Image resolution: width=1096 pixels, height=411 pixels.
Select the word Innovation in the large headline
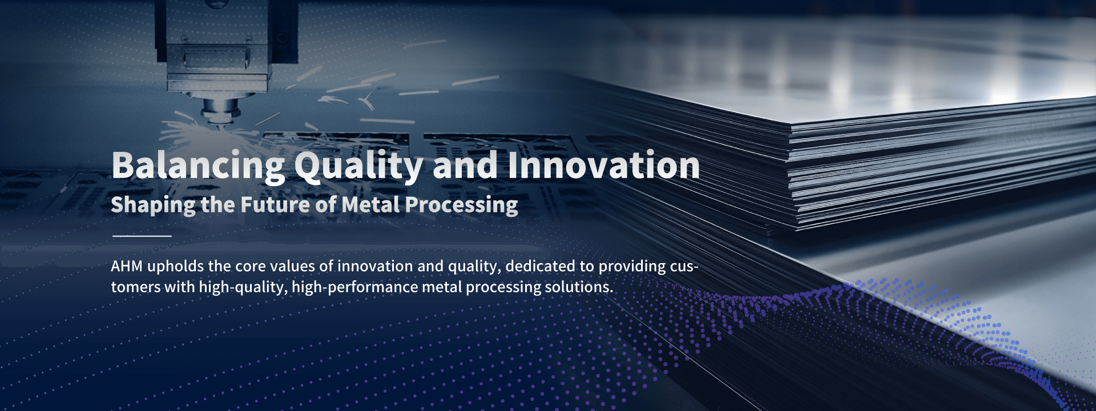pos(603,165)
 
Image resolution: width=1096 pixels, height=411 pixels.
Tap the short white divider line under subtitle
pos(142,235)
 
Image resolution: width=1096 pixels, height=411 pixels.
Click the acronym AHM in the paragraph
pos(127,266)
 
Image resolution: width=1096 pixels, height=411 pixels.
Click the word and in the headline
pos(465,165)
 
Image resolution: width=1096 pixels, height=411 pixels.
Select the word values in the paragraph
pos(292,266)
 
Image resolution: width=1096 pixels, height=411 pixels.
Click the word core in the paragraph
pos(250,267)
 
